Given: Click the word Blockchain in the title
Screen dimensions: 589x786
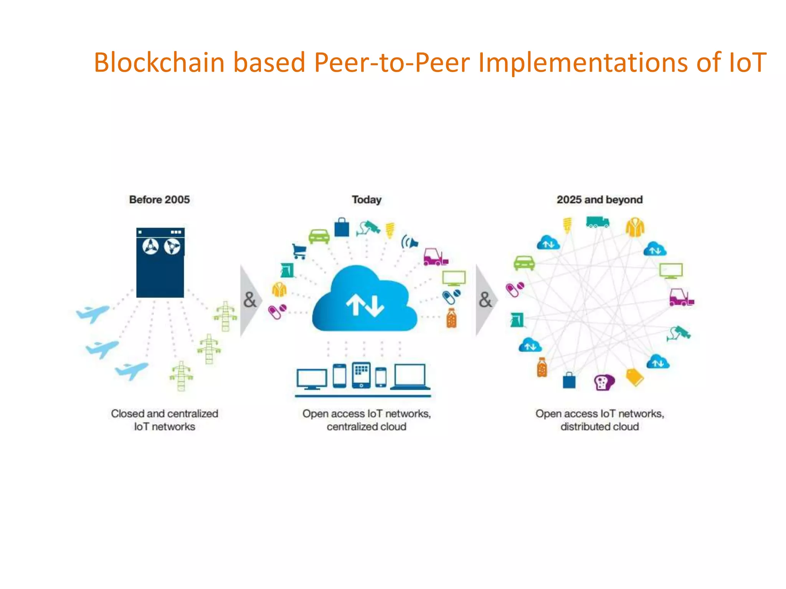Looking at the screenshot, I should point(159,63).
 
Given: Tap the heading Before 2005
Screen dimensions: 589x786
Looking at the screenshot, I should point(159,200).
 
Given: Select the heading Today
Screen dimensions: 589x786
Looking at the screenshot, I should point(367,200).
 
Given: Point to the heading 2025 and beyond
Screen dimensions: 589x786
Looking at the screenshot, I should point(599,200).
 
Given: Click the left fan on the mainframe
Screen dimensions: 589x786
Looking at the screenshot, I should point(150,247).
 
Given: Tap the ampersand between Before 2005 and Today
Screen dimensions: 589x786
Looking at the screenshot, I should point(249,300).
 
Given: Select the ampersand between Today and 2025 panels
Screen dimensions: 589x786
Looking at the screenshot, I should point(485,300).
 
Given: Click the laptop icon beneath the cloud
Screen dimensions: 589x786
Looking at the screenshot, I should point(410,377).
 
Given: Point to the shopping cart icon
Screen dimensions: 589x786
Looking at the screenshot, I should point(299,251).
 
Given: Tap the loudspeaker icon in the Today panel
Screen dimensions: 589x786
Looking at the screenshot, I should point(410,242).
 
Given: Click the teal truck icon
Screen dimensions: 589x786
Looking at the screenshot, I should point(597,222).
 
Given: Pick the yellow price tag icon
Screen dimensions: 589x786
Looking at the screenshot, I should point(634,377).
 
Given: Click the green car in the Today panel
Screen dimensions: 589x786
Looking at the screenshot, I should point(319,236).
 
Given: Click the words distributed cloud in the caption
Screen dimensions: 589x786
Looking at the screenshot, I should point(599,427).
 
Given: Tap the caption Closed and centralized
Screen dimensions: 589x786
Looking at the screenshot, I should point(165,414).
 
